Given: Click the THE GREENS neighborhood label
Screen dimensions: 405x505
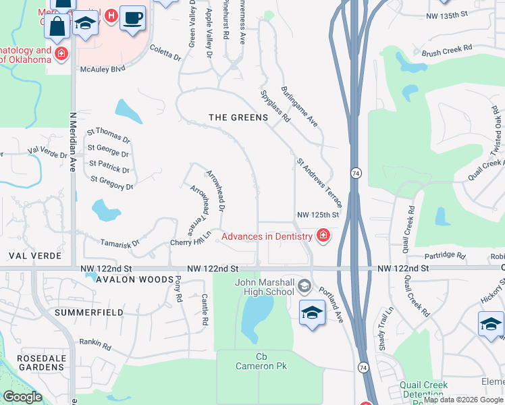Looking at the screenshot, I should coord(238,117).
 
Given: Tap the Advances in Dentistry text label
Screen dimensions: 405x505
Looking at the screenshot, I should coord(267,236).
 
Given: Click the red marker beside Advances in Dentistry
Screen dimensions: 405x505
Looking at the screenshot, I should coord(323,236).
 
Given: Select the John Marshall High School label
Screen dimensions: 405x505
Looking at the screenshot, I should coord(265,287).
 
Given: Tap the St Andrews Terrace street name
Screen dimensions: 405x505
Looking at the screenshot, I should coord(319,182).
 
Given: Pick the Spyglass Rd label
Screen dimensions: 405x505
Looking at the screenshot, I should coord(275,106).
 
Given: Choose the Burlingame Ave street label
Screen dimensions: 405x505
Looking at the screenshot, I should coord(299,107).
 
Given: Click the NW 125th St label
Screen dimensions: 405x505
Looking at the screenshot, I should coord(317,215).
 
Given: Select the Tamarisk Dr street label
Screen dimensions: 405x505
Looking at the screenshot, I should coord(121,241).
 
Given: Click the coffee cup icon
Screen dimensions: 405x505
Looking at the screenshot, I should coord(133,18).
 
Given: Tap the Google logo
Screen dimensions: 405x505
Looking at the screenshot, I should coord(23,397).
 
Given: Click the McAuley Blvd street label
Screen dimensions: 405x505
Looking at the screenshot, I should coord(103,69).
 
